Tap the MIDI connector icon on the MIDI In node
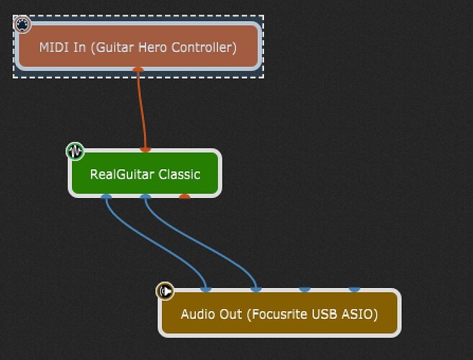pyautogui.click(x=22, y=25)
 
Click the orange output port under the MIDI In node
pyautogui.click(x=139, y=71)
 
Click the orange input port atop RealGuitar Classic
pyautogui.click(x=145, y=149)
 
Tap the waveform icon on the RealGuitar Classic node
pyautogui.click(x=75, y=151)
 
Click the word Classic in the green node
pyautogui.click(x=178, y=174)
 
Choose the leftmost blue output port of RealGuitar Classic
pyautogui.click(x=107, y=196)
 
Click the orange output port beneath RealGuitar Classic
pyautogui.click(x=184, y=196)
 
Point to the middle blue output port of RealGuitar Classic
pyautogui.click(x=145, y=196)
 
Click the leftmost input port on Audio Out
pyautogui.click(x=206, y=289)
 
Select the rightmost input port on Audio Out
pyautogui.click(x=354, y=289)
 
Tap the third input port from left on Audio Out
pyautogui.click(x=305, y=289)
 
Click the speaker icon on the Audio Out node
pyautogui.click(x=165, y=291)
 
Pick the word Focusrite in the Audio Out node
pyautogui.click(x=279, y=315)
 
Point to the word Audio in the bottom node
pyautogui.click(x=196, y=315)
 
